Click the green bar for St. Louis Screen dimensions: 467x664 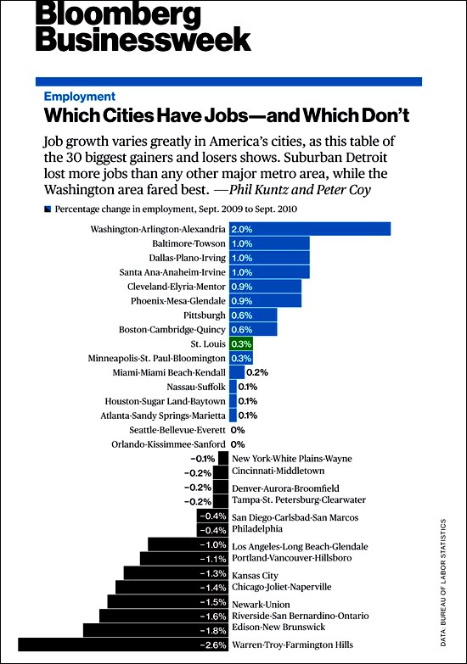(x=241, y=343)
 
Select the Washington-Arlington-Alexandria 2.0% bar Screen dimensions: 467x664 (x=310, y=229)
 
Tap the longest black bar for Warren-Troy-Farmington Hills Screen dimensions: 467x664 (x=123, y=644)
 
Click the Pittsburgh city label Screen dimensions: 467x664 (x=205, y=315)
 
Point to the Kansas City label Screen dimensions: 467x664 (x=255, y=576)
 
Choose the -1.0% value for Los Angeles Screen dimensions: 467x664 (x=213, y=544)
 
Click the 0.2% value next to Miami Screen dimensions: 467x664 (x=257, y=372)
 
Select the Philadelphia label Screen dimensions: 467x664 (x=257, y=529)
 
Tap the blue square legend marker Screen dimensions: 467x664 (x=48, y=209)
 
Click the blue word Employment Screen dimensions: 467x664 (x=80, y=97)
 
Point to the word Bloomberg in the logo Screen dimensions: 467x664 (x=118, y=14)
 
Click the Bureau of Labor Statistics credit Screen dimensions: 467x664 (x=443, y=583)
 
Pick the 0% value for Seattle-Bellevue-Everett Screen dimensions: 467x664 (x=238, y=430)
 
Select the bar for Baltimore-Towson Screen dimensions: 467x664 (x=269, y=243)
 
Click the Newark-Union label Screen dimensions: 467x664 (x=261, y=605)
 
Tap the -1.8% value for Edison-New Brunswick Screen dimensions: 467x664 (x=213, y=631)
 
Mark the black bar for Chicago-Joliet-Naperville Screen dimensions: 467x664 (x=172, y=587)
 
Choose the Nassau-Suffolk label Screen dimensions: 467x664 (x=196, y=387)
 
